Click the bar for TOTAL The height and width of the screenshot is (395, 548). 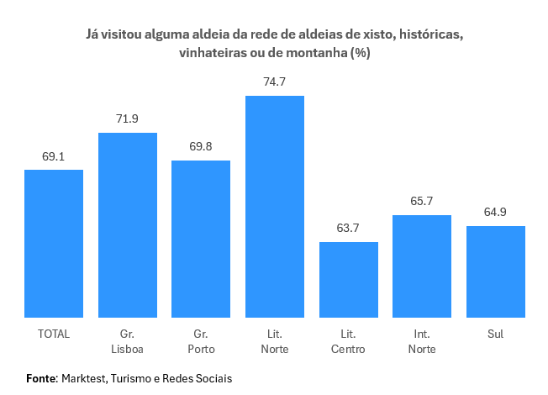click(54, 244)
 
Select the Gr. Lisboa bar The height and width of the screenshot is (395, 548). click(128, 225)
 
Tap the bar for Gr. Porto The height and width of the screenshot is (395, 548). click(201, 239)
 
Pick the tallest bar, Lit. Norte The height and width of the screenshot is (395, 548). click(275, 207)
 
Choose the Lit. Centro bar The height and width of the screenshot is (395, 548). click(348, 280)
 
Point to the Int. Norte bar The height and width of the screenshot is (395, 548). click(422, 266)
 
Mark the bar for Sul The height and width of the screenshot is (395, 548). click(495, 271)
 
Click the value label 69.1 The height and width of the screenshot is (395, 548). click(54, 156)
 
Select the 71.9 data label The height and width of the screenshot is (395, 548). click(128, 119)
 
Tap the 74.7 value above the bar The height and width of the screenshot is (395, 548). click(275, 82)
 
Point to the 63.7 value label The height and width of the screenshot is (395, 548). click(348, 229)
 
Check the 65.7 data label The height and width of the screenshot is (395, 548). click(422, 202)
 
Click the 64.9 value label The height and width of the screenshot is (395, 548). click(495, 213)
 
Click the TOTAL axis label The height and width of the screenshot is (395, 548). click(54, 334)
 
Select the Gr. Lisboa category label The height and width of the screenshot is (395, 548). click(128, 341)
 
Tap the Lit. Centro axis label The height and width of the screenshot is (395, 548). click(348, 341)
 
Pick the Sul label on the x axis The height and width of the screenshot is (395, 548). click(495, 334)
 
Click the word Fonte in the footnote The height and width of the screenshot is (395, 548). click(40, 378)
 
